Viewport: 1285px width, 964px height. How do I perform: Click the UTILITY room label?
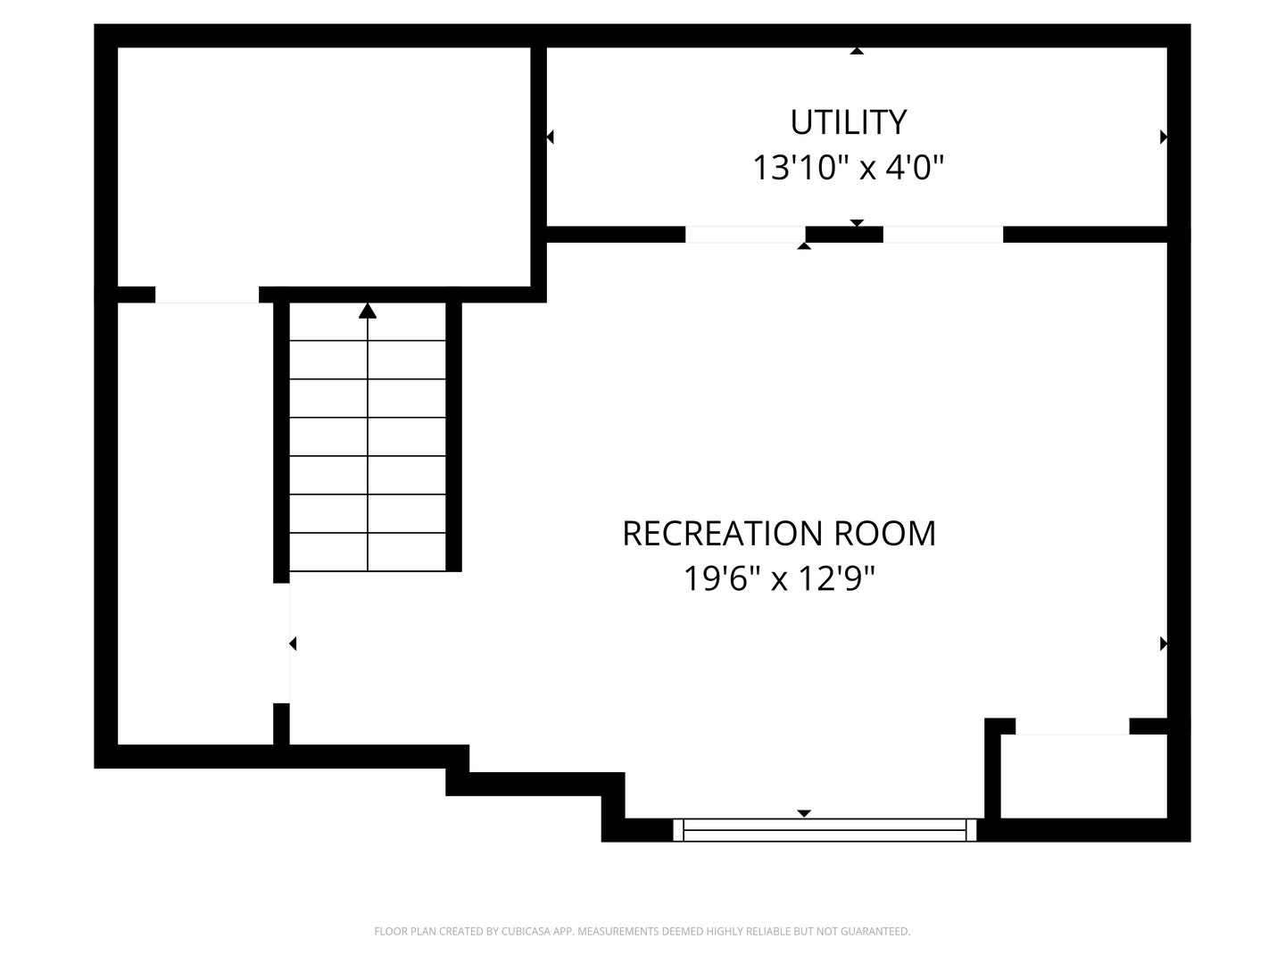[848, 122]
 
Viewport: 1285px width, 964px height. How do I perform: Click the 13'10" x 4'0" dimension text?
[848, 168]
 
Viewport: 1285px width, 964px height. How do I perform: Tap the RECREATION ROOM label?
[779, 533]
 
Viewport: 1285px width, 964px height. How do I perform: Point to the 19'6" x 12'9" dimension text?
[779, 579]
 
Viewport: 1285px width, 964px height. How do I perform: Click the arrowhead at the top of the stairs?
[367, 311]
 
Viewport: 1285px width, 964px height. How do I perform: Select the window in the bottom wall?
[825, 830]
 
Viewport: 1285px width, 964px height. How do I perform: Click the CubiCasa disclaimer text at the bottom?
[642, 931]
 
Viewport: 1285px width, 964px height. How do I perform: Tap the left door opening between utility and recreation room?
[745, 234]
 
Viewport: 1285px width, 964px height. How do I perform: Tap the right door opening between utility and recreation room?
[942, 234]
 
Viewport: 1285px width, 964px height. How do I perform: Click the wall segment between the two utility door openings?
[844, 234]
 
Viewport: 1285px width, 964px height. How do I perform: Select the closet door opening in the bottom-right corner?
[1072, 727]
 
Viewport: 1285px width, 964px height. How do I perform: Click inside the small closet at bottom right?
[1083, 777]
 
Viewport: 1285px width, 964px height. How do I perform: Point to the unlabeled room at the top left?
[324, 167]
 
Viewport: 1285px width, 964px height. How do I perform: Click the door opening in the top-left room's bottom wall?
[207, 295]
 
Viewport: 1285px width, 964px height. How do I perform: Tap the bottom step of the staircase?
[367, 552]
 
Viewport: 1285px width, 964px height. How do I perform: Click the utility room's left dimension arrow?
[550, 137]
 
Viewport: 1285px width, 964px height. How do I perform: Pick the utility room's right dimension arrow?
[1164, 137]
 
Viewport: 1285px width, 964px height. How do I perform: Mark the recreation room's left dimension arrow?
[293, 644]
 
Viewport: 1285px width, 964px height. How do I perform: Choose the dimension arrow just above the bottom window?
[804, 813]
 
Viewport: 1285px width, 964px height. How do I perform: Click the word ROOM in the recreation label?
[884, 533]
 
